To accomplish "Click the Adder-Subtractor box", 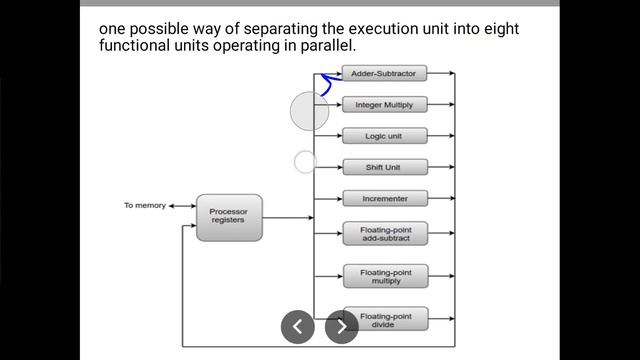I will [385, 73].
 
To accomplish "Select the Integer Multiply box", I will [385, 104].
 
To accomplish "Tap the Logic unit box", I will [385, 135].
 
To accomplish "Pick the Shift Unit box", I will [385, 167].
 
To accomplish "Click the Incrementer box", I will [385, 198].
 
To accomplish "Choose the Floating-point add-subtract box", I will [385, 234].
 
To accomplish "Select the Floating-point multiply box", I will [385, 276].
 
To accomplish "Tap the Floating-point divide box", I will [385, 318].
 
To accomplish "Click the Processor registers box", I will [229, 216].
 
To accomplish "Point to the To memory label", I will [143, 206].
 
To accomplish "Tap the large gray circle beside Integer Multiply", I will [309, 111].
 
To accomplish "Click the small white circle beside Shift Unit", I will [305, 161].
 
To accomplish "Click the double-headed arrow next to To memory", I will [181, 206].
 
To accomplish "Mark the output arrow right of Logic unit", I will [441, 135].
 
